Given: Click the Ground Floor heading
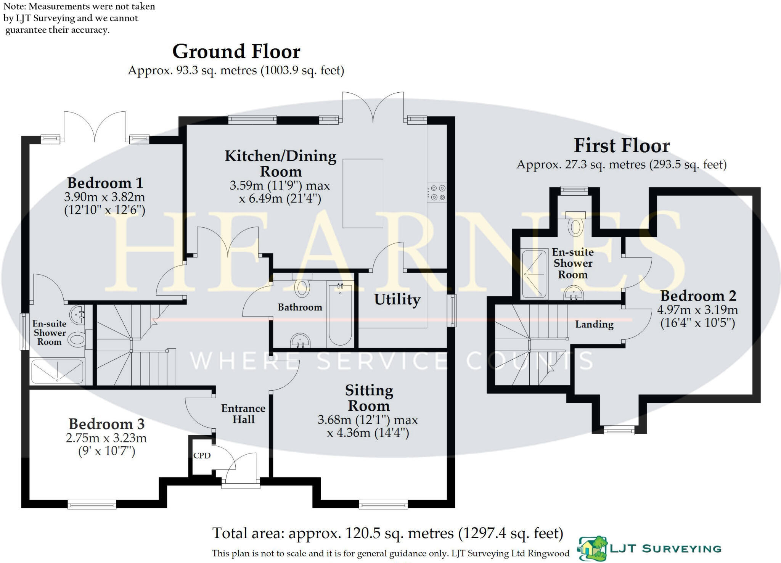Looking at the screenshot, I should pos(236,52).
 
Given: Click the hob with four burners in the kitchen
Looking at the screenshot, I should pos(437,193).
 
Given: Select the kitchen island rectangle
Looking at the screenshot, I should pos(363,193).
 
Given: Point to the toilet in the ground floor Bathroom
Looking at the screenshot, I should pos(302,288).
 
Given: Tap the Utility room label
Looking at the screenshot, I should pos(397,299).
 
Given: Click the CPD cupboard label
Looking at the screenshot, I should pos(202,455).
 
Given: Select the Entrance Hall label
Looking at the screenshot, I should pos(243,414).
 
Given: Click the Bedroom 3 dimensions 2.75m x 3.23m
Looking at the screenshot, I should pos(106,438).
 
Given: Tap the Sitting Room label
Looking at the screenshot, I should pos(369,398).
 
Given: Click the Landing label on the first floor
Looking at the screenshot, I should pos(594,324).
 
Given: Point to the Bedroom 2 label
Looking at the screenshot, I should pos(698,296).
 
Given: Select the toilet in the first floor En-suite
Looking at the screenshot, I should pos(575,226).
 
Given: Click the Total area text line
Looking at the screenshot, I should pos(387,533).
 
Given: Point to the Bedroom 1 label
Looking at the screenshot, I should pos(105,183).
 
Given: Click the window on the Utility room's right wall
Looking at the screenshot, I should pos(452,310).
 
